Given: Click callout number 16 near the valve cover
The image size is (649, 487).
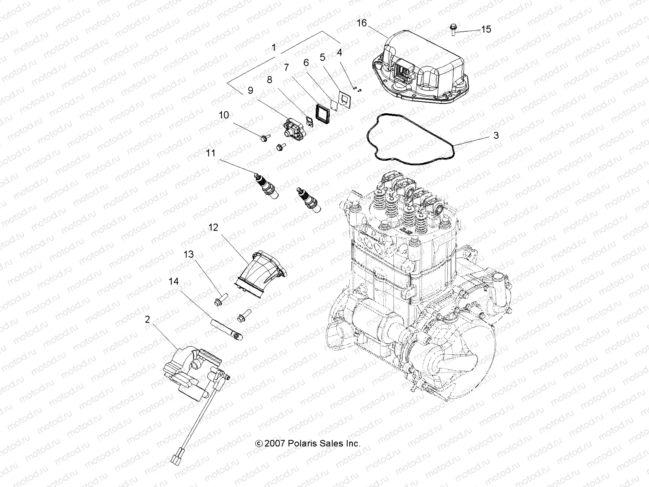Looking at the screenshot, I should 361,23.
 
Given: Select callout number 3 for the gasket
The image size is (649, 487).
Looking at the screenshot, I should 496,136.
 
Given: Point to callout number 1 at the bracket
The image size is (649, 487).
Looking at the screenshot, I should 274,48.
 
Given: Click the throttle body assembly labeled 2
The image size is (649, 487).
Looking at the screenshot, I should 193,365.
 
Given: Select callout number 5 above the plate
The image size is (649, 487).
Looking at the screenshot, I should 322,58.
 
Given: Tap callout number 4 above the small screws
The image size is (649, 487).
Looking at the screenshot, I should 340,52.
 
